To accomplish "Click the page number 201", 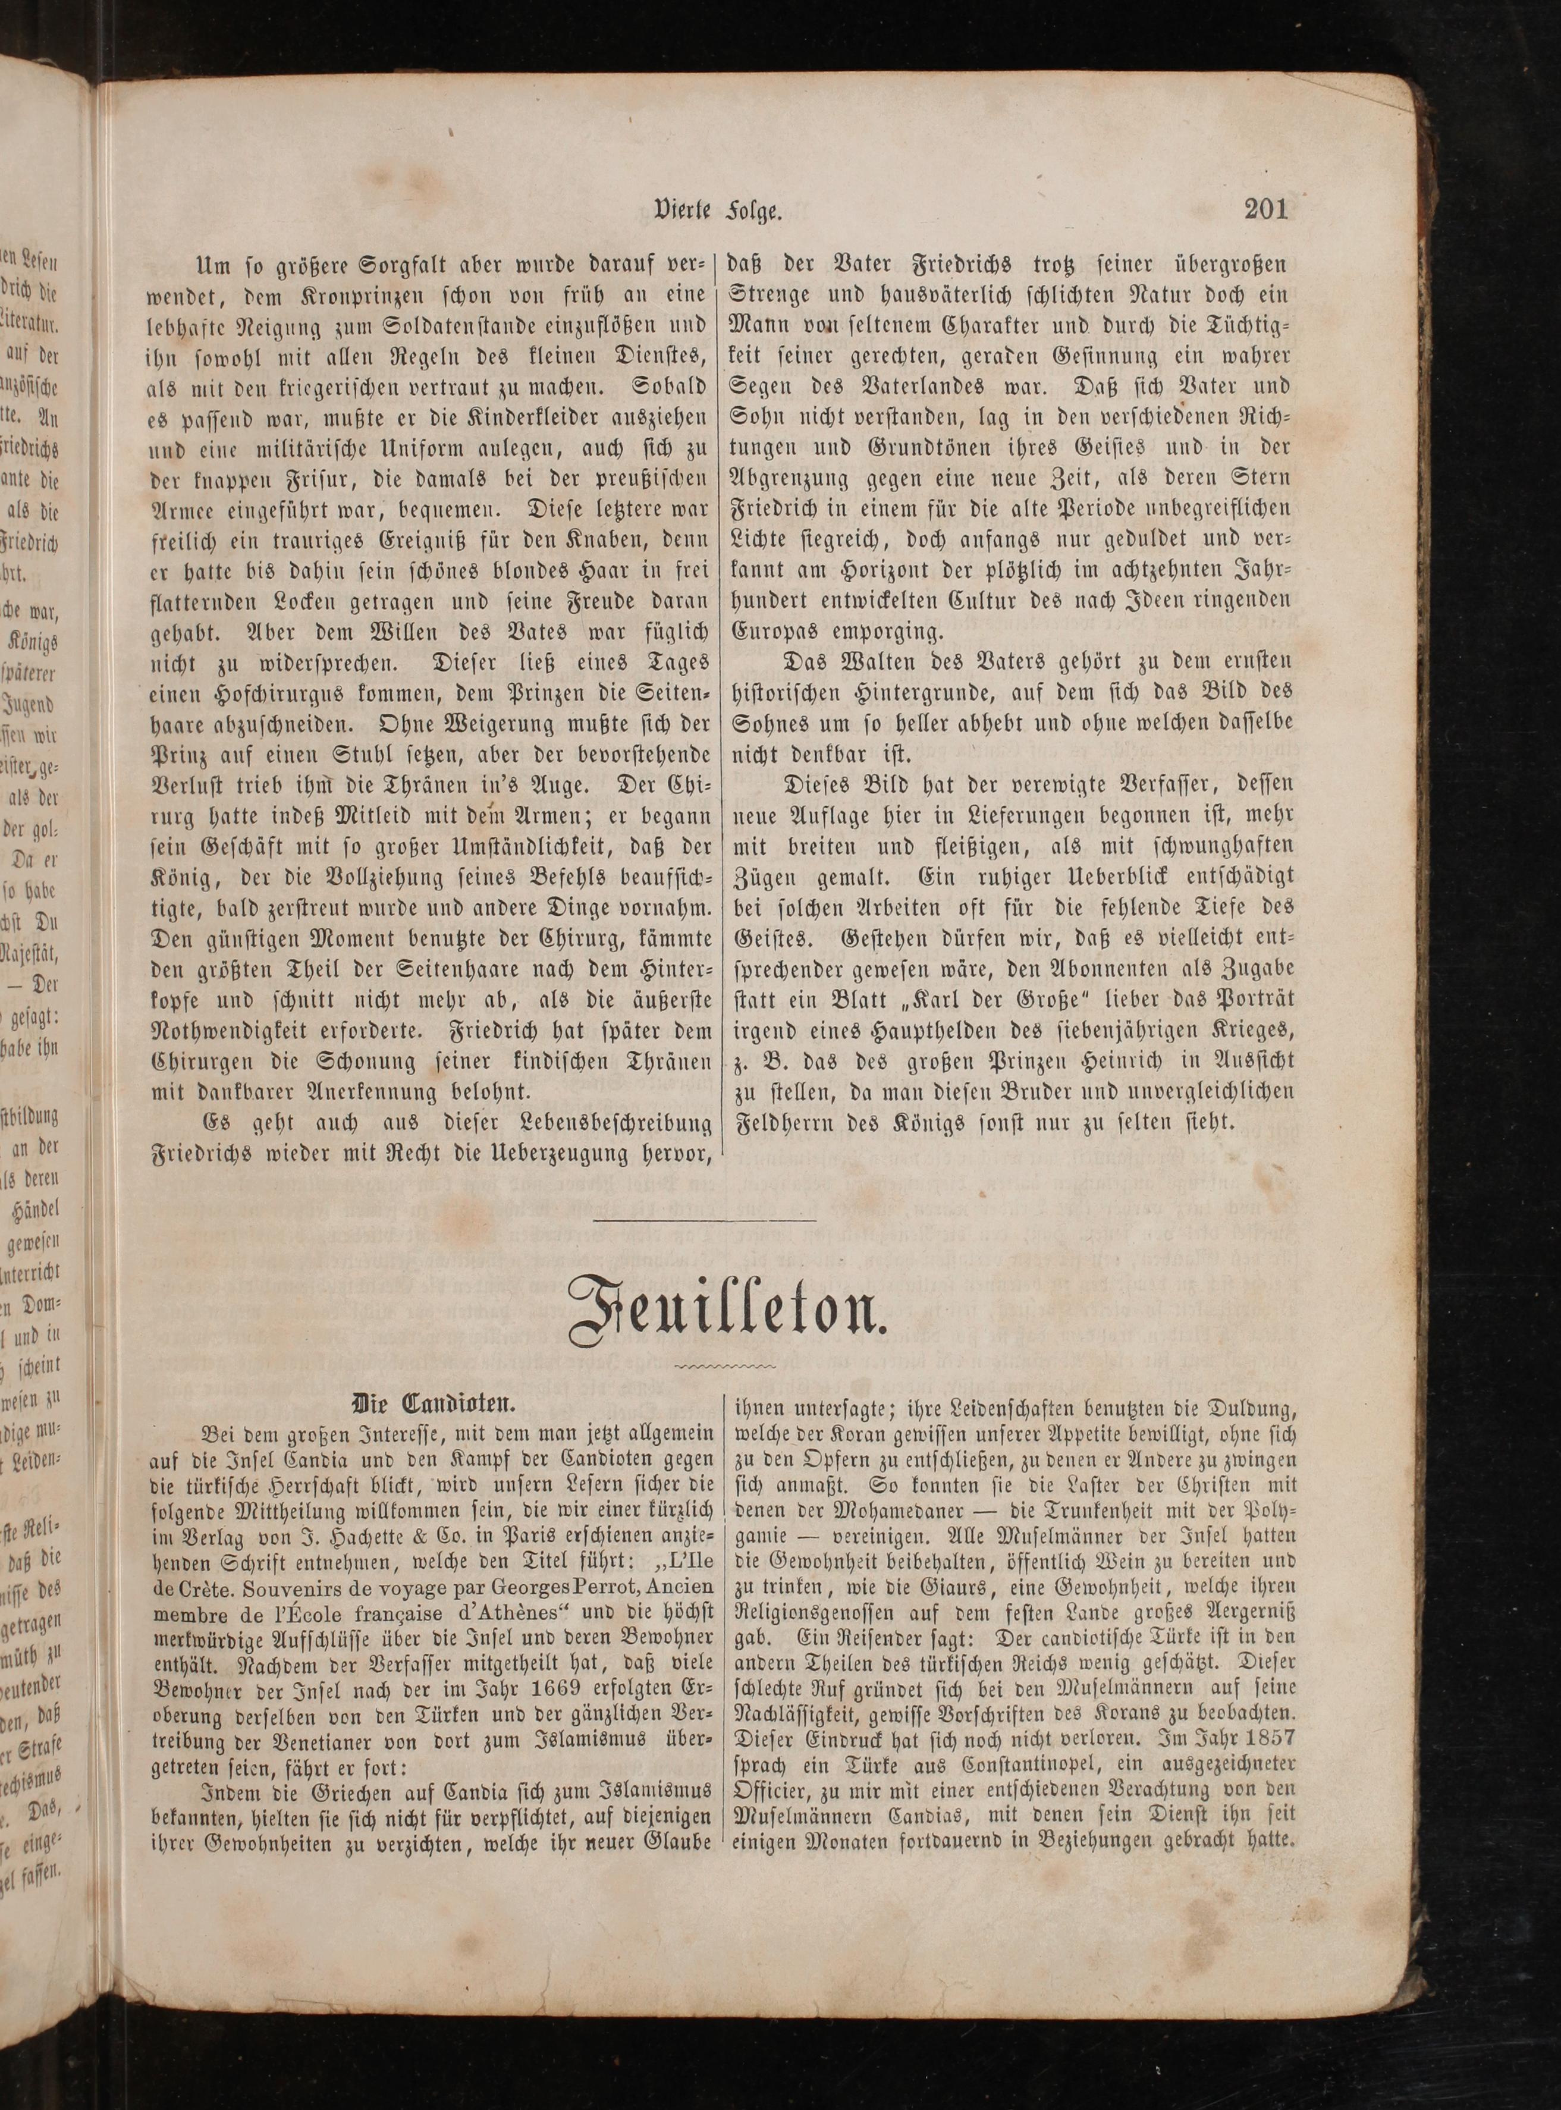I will click(x=1265, y=207).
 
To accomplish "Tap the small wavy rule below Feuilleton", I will click(x=722, y=1367).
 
